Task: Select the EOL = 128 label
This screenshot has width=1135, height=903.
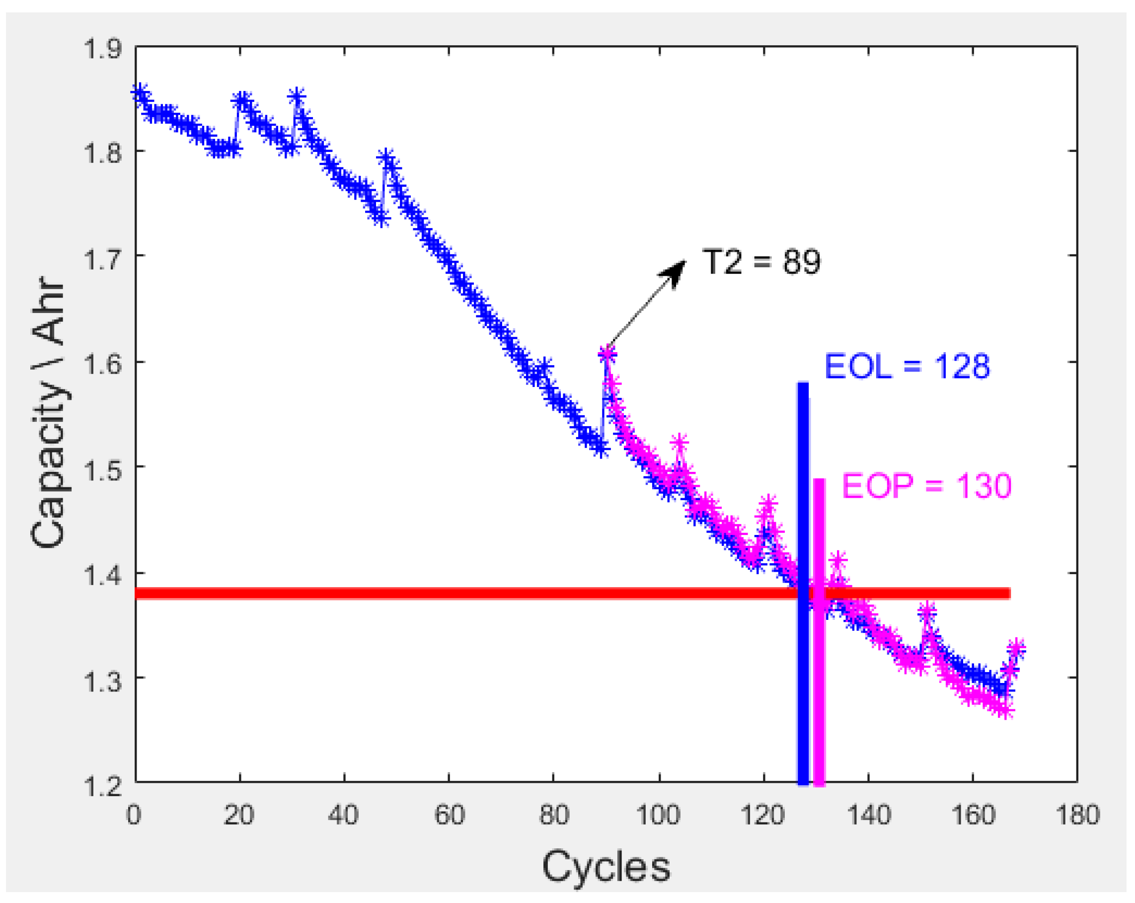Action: (x=907, y=367)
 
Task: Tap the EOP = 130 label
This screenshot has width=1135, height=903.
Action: (x=926, y=485)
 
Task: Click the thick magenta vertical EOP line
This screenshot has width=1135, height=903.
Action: (x=819, y=684)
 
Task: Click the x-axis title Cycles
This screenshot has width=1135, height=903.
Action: (x=606, y=866)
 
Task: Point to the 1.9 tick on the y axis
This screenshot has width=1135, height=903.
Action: (x=103, y=49)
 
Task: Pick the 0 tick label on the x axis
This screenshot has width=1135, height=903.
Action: (x=134, y=815)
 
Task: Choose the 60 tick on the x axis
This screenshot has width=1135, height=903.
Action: (x=449, y=815)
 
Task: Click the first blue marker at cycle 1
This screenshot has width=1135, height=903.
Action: (x=140, y=92)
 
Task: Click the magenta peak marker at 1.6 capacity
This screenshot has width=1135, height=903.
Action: (x=607, y=354)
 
